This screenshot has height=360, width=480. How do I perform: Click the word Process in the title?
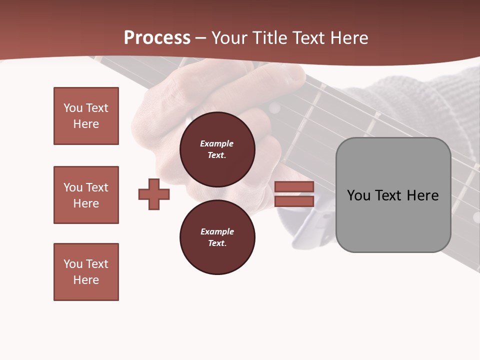click(x=157, y=38)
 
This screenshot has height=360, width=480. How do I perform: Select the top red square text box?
click(x=86, y=116)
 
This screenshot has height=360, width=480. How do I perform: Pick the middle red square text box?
click(x=86, y=195)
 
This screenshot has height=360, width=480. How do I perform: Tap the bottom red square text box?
click(x=86, y=272)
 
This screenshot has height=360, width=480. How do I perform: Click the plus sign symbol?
click(x=154, y=194)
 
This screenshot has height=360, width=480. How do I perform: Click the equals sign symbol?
click(x=294, y=194)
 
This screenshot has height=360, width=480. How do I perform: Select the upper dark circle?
click(x=217, y=149)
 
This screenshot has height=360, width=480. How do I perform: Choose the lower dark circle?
click(x=217, y=237)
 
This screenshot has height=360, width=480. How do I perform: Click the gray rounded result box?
click(x=393, y=195)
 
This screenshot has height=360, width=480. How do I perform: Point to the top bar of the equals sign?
click(x=294, y=186)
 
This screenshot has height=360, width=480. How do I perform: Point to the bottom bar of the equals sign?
click(x=294, y=201)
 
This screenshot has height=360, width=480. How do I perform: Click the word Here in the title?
click(x=347, y=38)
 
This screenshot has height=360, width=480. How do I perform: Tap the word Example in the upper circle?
click(x=217, y=143)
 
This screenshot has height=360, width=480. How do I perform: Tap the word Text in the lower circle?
click(x=216, y=243)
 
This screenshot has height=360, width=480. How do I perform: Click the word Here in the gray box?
click(x=422, y=195)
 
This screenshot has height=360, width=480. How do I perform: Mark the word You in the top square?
click(x=73, y=108)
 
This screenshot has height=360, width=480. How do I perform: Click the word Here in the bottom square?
click(x=86, y=280)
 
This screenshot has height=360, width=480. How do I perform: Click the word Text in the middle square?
click(x=97, y=187)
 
